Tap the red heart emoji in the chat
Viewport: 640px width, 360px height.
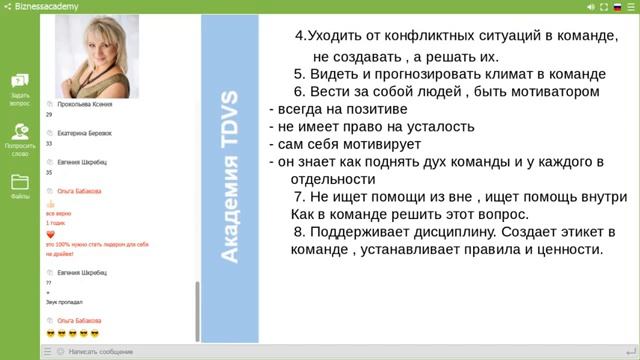point(50,234)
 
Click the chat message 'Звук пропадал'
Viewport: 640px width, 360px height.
point(64,301)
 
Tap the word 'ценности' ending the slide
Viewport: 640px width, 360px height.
point(566,250)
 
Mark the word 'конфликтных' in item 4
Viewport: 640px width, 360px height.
point(442,36)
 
